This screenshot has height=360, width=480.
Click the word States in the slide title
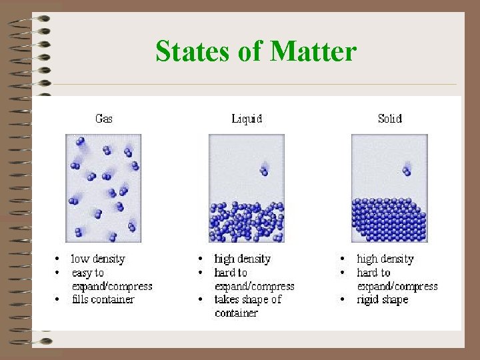pyautogui.click(x=194, y=51)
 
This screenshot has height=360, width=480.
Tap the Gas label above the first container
pyautogui.click(x=104, y=119)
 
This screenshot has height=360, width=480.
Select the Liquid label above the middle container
pyautogui.click(x=247, y=119)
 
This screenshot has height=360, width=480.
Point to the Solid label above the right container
pyautogui.click(x=389, y=119)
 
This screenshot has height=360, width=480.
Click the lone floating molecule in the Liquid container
pyautogui.click(x=264, y=171)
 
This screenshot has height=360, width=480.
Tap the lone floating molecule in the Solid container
pyautogui.click(x=407, y=171)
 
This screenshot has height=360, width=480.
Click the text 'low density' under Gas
pyautogui.click(x=98, y=259)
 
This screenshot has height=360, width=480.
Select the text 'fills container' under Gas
pyautogui.click(x=103, y=299)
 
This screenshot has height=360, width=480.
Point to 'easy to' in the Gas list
pyautogui.click(x=88, y=273)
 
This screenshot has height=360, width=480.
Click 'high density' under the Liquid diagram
pyautogui.click(x=242, y=259)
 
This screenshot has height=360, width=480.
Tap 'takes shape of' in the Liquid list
pyautogui.click(x=248, y=299)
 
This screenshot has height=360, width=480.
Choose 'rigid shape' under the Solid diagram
pyautogui.click(x=383, y=299)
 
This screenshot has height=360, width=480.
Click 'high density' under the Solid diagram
pyautogui.click(x=385, y=259)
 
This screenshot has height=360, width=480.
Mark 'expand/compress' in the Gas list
pyautogui.click(x=112, y=286)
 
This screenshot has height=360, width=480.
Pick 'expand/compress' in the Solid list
pyautogui.click(x=397, y=286)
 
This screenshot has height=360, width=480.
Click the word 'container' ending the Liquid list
pyautogui.click(x=236, y=313)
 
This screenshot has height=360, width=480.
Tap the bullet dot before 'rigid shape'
pyautogui.click(x=343, y=299)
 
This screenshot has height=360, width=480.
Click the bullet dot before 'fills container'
pyautogui.click(x=59, y=299)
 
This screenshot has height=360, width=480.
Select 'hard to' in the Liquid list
pyautogui.click(x=231, y=273)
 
